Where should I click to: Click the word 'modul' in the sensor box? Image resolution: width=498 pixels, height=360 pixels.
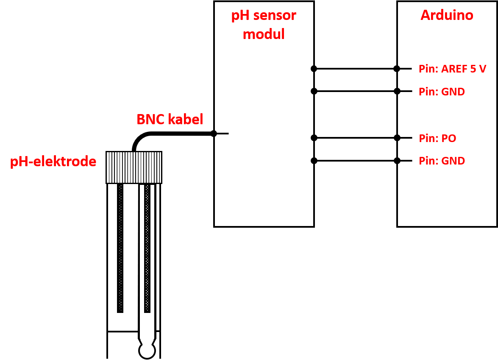[x=264, y=34]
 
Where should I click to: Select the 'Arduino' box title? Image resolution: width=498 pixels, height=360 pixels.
[x=447, y=15]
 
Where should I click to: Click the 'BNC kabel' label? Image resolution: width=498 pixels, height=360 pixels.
[x=170, y=119]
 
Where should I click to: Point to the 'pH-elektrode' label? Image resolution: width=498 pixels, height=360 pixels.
[x=53, y=162]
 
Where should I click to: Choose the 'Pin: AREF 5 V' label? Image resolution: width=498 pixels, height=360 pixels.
[x=452, y=69]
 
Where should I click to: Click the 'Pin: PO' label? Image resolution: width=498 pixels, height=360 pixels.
[x=437, y=138]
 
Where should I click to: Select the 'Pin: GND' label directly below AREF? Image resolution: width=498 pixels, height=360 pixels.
[x=442, y=92]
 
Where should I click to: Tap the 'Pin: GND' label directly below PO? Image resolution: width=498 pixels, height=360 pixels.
[x=442, y=161]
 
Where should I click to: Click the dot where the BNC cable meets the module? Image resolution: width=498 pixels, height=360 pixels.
[x=214, y=134]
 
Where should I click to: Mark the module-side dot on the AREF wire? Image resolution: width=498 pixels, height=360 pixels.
[x=314, y=69]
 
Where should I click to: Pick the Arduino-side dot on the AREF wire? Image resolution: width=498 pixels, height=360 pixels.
[x=397, y=69]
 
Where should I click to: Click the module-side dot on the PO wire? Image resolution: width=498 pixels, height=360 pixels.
[x=314, y=138]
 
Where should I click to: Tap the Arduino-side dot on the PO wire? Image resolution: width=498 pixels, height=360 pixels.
[x=397, y=138]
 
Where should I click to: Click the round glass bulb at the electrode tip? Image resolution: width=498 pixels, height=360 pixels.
[x=147, y=351]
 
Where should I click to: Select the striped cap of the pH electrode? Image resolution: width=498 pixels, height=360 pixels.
[x=134, y=167]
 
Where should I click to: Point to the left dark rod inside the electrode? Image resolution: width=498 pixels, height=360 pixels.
[x=120, y=248]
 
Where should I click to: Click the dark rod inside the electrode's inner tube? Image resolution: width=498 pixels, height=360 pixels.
[x=147, y=248]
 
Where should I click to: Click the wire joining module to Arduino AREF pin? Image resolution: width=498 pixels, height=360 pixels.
[x=356, y=69]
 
